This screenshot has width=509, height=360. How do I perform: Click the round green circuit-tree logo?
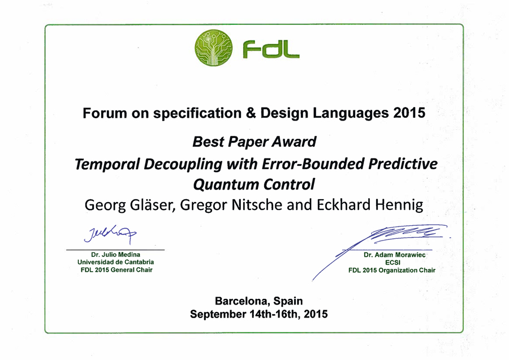[x=214, y=48]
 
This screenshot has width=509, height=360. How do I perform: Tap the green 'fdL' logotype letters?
[x=271, y=49]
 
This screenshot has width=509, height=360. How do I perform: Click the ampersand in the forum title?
[x=251, y=113]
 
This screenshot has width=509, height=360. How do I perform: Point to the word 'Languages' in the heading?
[x=351, y=113]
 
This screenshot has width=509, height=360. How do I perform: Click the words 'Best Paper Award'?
[x=254, y=142]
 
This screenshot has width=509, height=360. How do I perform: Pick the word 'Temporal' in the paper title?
[x=107, y=164]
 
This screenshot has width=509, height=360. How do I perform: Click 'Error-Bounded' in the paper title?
[x=313, y=164]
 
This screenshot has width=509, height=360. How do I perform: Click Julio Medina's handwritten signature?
[x=110, y=234]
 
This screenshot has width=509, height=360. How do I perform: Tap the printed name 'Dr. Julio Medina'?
[x=115, y=254]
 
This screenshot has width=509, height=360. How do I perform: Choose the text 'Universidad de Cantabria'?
[x=115, y=262]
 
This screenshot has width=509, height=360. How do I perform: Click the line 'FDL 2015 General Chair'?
[x=117, y=269]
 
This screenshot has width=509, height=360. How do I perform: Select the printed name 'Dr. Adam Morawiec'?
[x=394, y=255]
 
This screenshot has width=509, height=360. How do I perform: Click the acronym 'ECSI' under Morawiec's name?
[x=393, y=263]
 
